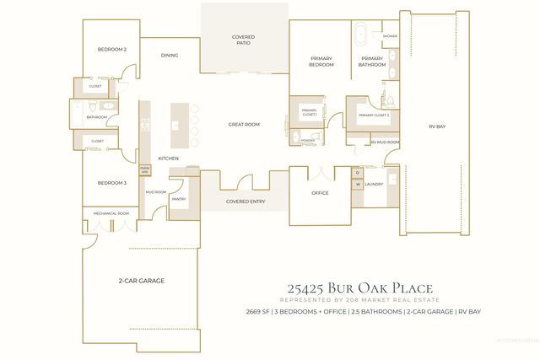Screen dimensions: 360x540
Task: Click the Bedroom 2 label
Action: [x=111, y=50]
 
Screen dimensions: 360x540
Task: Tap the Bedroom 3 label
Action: [x=111, y=183]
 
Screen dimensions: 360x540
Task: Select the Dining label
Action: [x=170, y=56]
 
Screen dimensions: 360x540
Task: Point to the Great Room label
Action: [x=243, y=125]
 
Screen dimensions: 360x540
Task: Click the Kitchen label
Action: [x=169, y=159]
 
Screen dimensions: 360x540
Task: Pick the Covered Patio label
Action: [x=243, y=40]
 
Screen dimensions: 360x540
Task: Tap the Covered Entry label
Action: [x=243, y=202]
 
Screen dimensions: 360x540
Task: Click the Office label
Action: [x=319, y=193]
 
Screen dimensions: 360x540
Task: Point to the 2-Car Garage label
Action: [x=141, y=280]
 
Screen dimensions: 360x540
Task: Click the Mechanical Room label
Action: [x=111, y=213]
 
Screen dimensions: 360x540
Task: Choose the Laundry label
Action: [x=375, y=184]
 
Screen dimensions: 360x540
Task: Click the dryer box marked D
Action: [x=357, y=173]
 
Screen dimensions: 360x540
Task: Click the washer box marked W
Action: [x=357, y=184]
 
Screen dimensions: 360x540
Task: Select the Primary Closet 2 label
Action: [x=374, y=116]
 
